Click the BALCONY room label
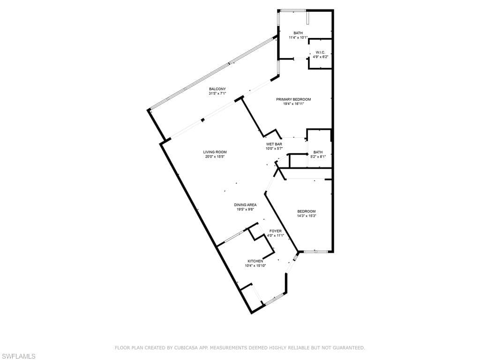pyautogui.click(x=217, y=89)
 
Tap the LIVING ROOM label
pyautogui.click(x=215, y=152)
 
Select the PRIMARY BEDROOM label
pyautogui.click(x=293, y=99)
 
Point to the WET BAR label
pyautogui.click(x=274, y=144)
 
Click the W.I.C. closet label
pyautogui.click(x=320, y=52)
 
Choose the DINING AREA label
pyautogui.click(x=245, y=205)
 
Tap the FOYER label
pyautogui.click(x=276, y=231)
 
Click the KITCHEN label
pyautogui.click(x=255, y=261)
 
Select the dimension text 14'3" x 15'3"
pyautogui.click(x=307, y=216)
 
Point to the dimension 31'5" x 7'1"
pyautogui.click(x=217, y=94)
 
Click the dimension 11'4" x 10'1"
pyautogui.click(x=298, y=37)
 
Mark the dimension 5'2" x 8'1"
pyautogui.click(x=318, y=157)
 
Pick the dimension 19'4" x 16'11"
pyautogui.click(x=293, y=104)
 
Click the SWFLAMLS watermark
pyautogui.click(x=18, y=356)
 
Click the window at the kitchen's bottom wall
pyautogui.click(x=274, y=299)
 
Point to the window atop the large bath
pyautogui.click(x=293, y=11)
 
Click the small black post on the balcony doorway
pyautogui.click(x=202, y=120)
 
